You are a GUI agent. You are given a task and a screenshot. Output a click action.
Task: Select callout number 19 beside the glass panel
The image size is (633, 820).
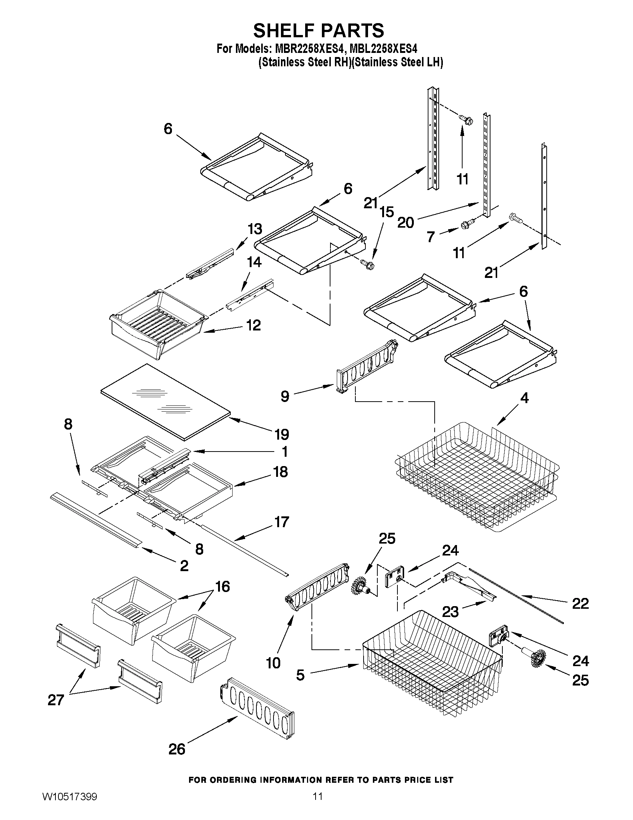tap(282, 434)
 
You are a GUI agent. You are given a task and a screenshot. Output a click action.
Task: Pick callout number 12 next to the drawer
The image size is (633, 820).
tap(253, 325)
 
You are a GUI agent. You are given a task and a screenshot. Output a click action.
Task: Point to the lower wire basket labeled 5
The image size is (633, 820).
tap(431, 668)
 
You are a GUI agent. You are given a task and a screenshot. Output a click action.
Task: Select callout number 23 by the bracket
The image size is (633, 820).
tap(450, 612)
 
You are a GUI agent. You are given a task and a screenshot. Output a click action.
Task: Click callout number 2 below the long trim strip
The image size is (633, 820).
tap(184, 566)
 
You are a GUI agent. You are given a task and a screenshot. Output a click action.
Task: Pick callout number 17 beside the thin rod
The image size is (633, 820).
tap(281, 522)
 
